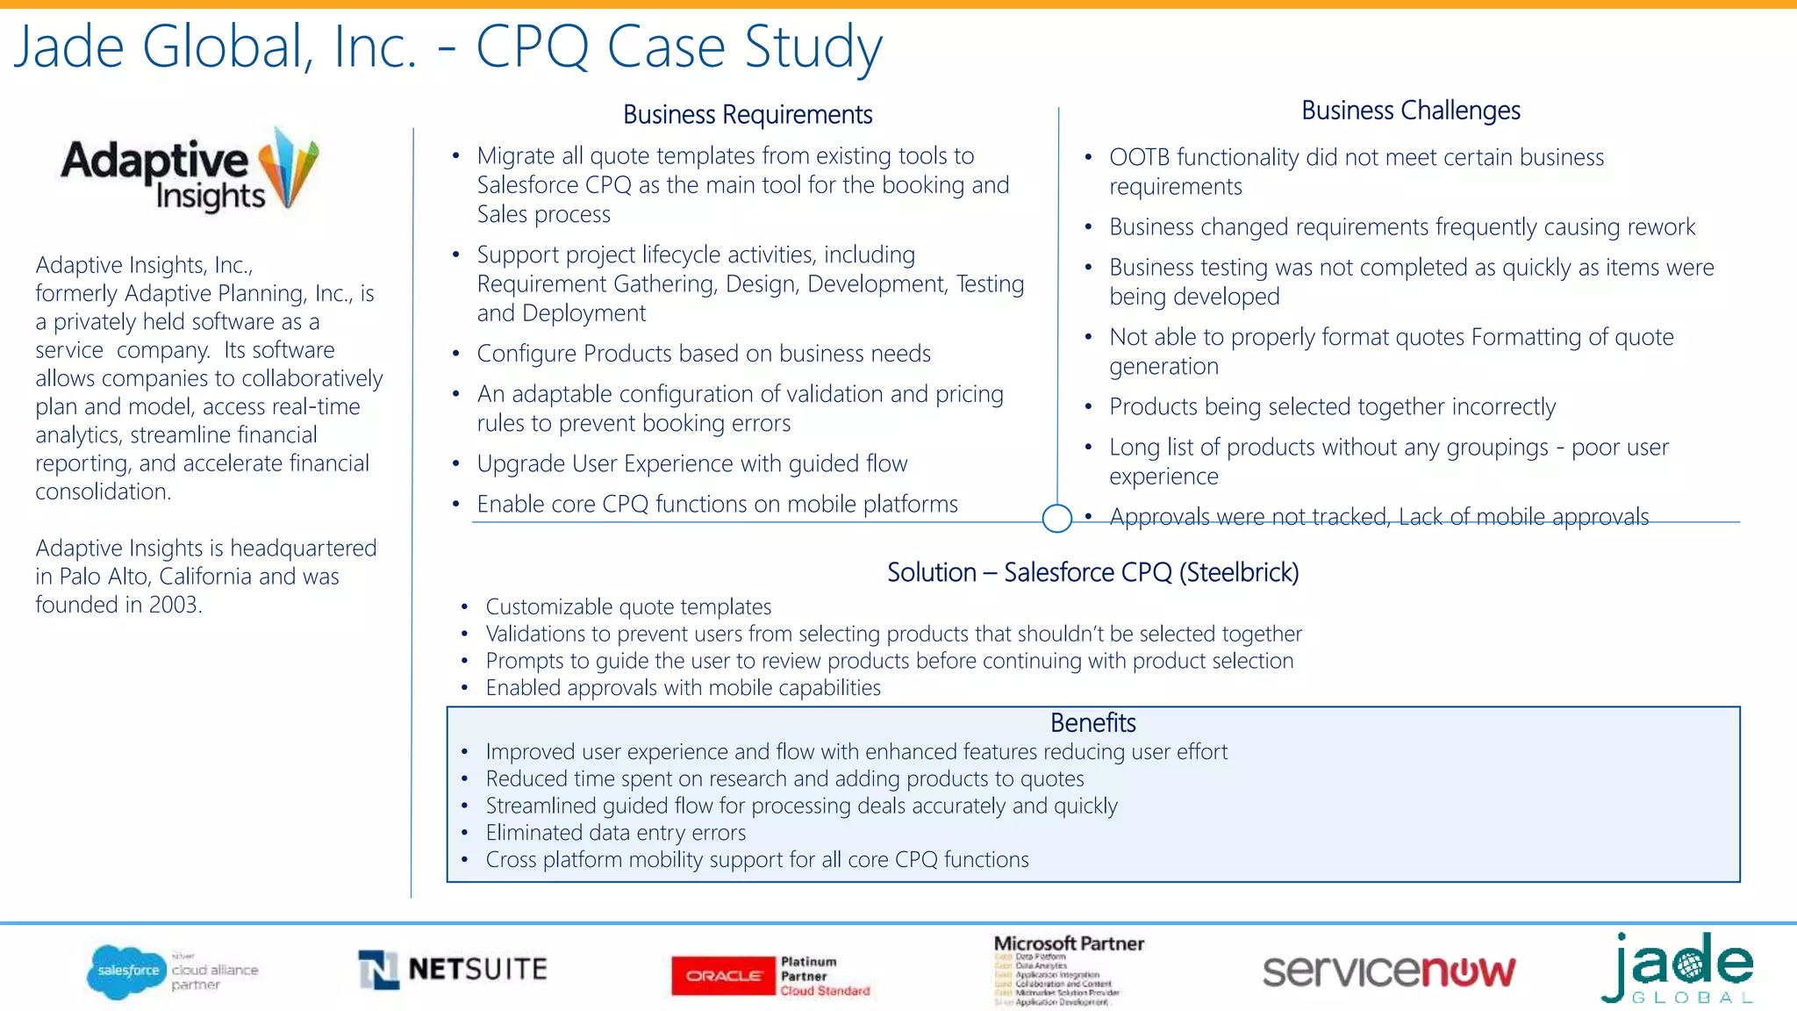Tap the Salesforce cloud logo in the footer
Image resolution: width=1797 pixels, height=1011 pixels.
pyautogui.click(x=127, y=971)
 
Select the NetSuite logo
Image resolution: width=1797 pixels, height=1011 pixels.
pyautogui.click(x=453, y=970)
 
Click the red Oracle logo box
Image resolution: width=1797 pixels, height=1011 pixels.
pyautogui.click(x=723, y=976)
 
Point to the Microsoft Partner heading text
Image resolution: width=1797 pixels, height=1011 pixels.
pyautogui.click(x=1069, y=944)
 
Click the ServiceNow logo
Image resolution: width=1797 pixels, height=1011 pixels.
pyautogui.click(x=1388, y=972)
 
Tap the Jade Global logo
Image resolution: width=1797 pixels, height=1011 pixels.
pyautogui.click(x=1678, y=969)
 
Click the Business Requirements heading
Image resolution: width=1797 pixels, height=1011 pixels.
pyautogui.click(x=748, y=115)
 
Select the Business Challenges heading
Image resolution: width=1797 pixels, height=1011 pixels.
pyautogui.click(x=1410, y=111)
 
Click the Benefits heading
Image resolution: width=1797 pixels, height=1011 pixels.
pyautogui.click(x=1092, y=723)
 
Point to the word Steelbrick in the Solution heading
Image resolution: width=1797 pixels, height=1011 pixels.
pyautogui.click(x=1238, y=573)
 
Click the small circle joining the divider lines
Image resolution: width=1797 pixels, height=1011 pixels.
pyautogui.click(x=1056, y=519)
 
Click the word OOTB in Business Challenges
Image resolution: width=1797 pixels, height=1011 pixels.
pyautogui.click(x=1139, y=158)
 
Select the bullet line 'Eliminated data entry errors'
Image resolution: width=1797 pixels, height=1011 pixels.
pyautogui.click(x=615, y=833)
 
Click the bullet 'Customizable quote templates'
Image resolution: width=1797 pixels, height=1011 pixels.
pyautogui.click(x=628, y=607)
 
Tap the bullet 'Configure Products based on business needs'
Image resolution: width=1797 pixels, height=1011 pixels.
pyautogui.click(x=704, y=354)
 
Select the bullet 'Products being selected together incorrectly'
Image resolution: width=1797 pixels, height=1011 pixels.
pyautogui.click(x=1332, y=407)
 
